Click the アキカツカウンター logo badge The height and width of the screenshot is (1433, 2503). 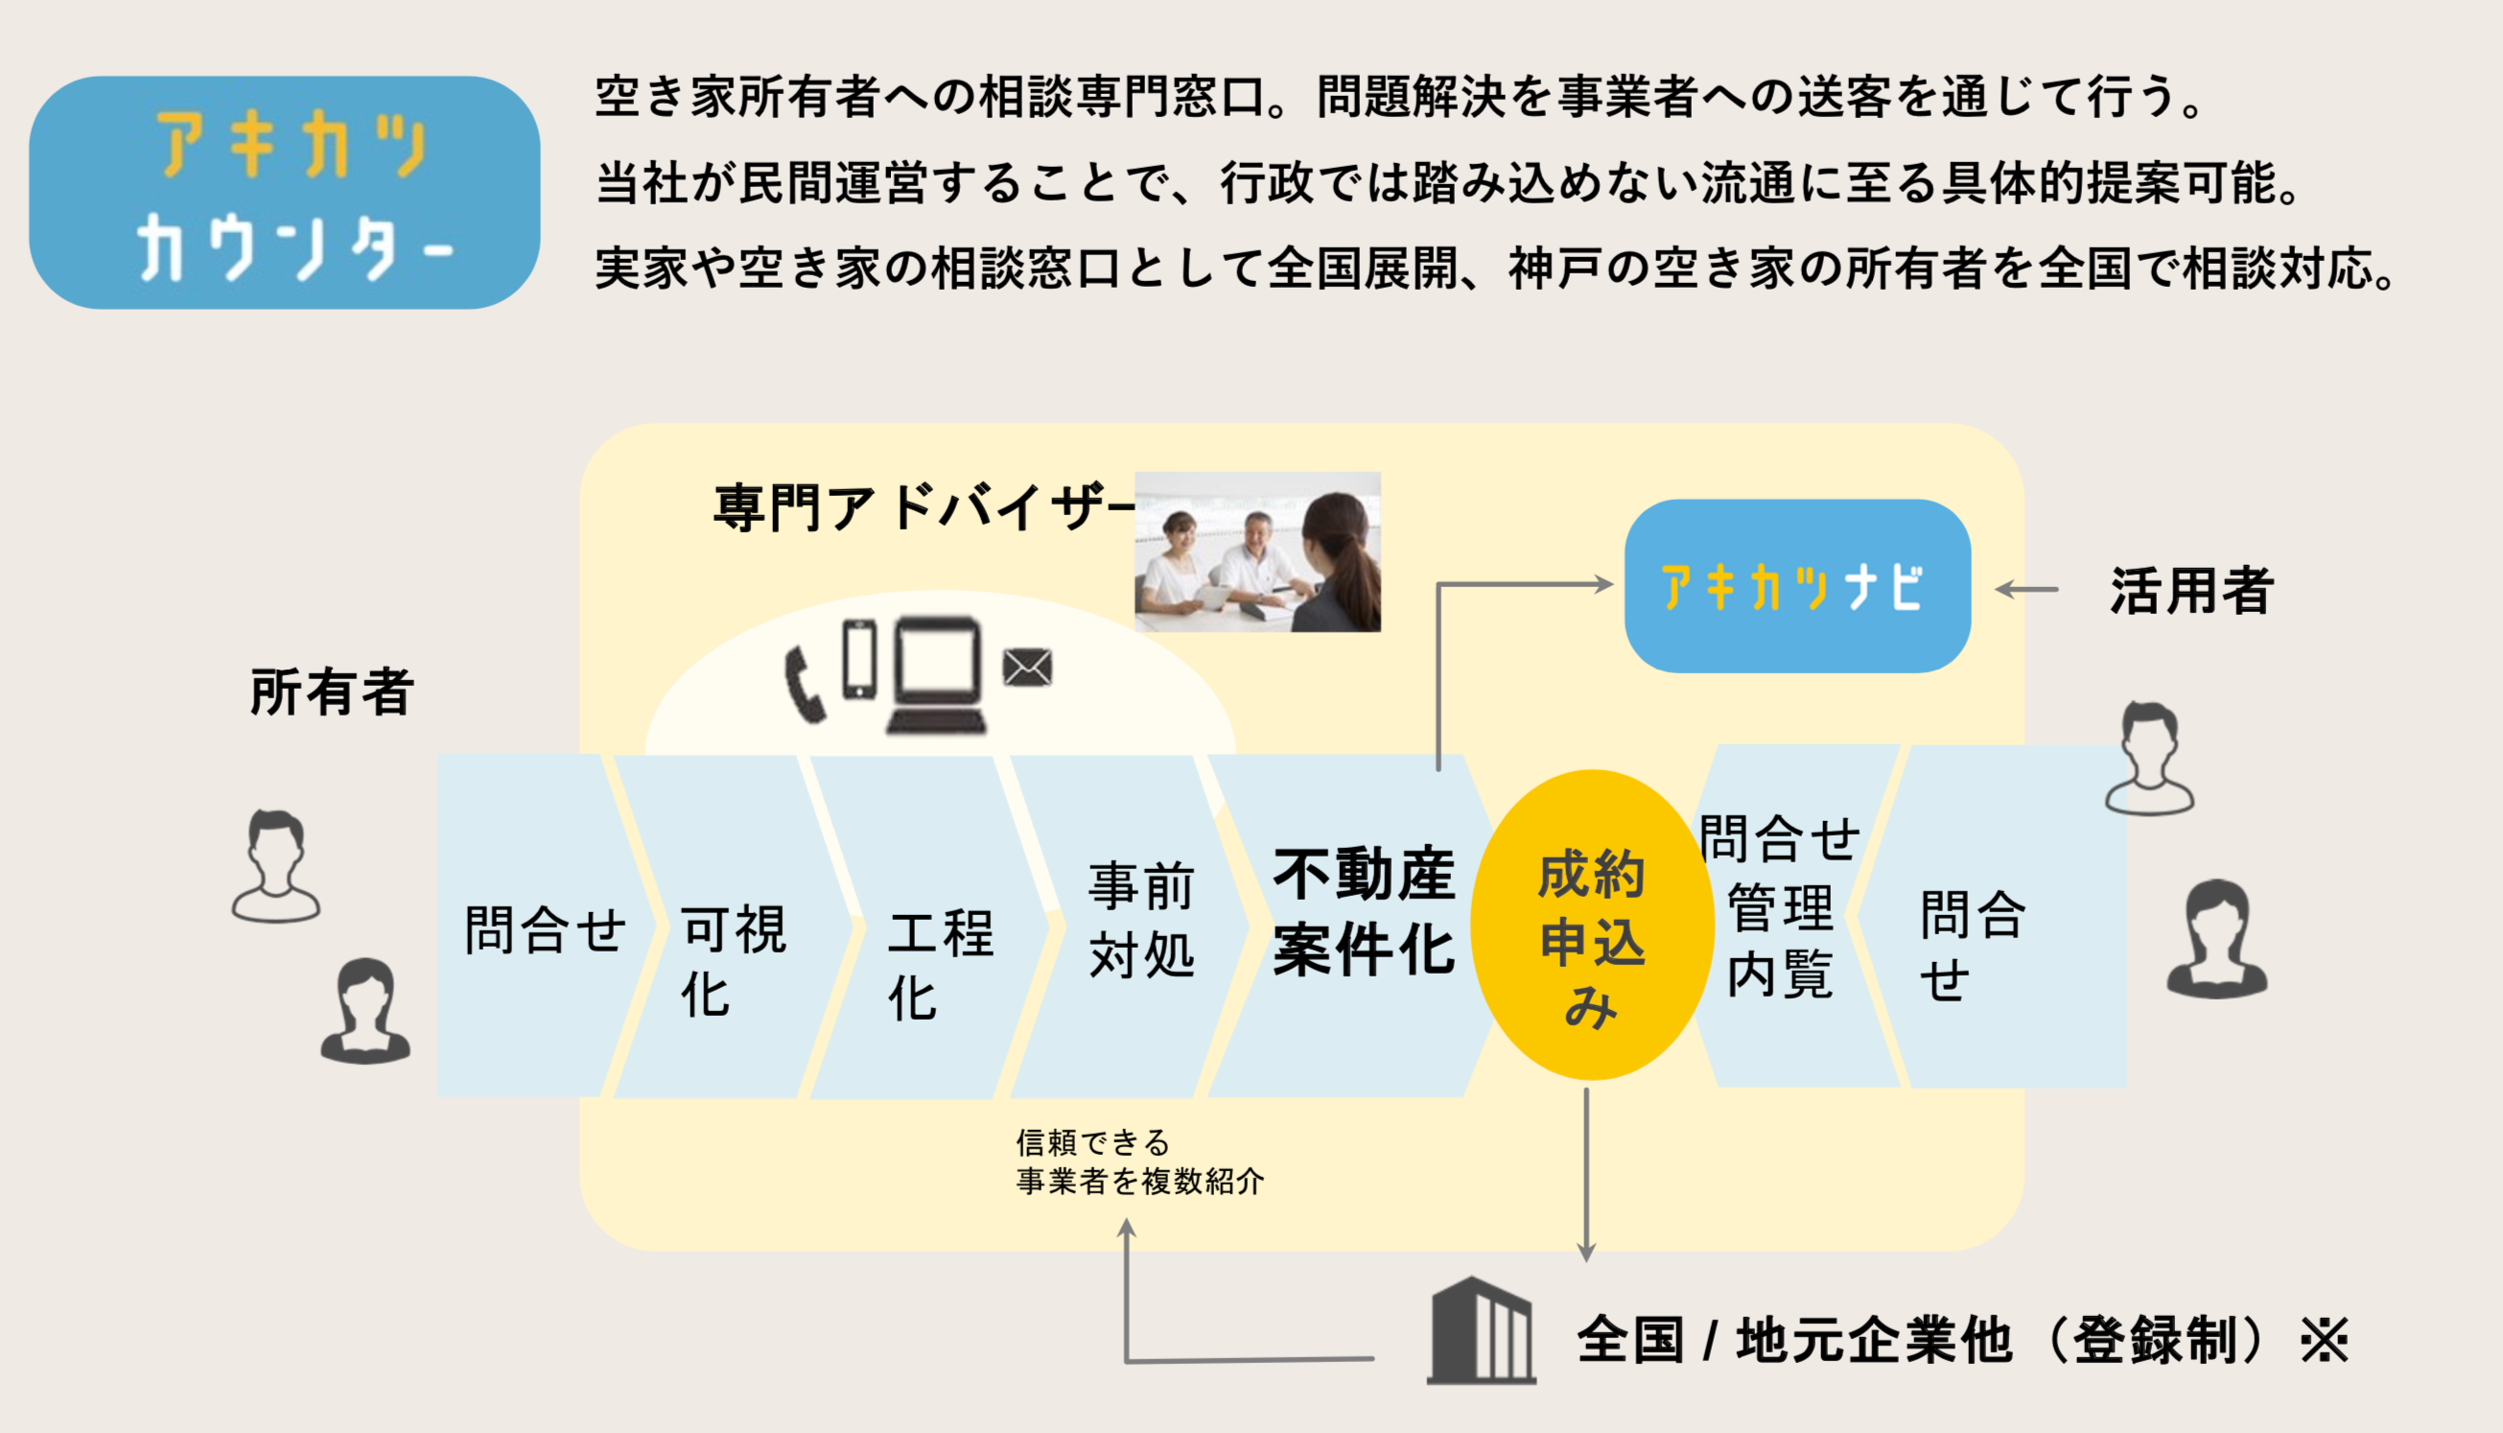(284, 193)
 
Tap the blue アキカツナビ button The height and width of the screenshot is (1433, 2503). (1796, 587)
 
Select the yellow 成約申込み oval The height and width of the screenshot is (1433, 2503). (1591, 926)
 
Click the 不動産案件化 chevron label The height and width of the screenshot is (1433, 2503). (1363, 912)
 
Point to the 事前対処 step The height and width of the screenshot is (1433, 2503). (1141, 920)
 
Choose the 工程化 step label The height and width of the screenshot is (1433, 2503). (940, 965)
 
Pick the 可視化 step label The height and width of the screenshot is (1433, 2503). (733, 959)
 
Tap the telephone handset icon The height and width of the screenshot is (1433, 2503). (804, 685)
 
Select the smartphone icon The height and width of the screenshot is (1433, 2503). (859, 659)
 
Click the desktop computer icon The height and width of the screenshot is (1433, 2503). (937, 675)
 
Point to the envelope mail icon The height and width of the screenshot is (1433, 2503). (1027, 668)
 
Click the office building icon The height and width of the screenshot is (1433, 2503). (1481, 1331)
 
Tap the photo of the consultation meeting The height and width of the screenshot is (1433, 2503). (1257, 552)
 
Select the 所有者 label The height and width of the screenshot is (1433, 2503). (332, 692)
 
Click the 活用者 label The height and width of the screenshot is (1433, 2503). (2191, 592)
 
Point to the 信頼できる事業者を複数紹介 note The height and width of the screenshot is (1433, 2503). (1138, 1163)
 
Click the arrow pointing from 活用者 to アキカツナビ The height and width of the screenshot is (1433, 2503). (2026, 591)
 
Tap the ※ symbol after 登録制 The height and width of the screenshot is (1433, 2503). (2324, 1341)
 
